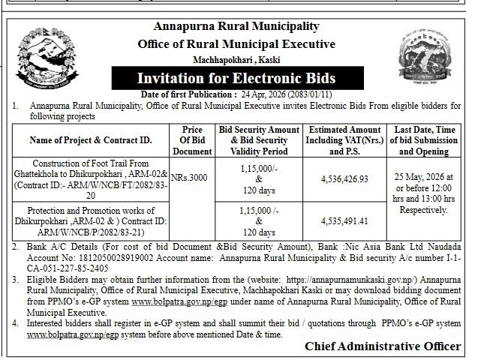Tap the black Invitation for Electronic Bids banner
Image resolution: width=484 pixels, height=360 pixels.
coord(236,78)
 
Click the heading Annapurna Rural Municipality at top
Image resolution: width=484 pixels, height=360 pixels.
coord(236,27)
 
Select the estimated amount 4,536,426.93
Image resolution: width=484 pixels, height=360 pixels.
coord(345,179)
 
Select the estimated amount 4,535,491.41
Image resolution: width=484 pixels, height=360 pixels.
coord(345,221)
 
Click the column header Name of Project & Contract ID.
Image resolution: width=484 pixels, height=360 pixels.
coord(91,140)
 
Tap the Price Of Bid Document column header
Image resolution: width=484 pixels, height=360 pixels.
coord(192,140)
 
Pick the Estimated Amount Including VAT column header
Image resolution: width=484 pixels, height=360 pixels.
coord(345,140)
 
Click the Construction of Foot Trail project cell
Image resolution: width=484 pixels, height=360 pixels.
coord(91,179)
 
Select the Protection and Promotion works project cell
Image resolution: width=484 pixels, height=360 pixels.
coord(91,221)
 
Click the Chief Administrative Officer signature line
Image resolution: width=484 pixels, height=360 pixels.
coord(383,346)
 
